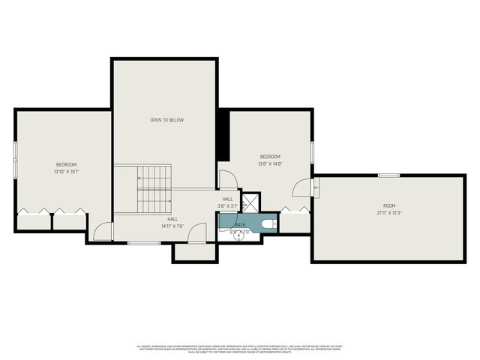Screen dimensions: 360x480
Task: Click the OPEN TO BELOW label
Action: coord(166,120)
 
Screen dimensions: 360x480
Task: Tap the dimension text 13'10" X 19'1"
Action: coord(66,172)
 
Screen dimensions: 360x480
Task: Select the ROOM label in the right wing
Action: coord(388,205)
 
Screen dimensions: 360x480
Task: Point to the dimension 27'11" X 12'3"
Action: coord(388,213)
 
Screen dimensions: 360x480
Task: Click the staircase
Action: coord(154,189)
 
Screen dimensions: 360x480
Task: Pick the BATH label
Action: coord(240,224)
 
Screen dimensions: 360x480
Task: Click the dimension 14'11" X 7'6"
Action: coord(172,226)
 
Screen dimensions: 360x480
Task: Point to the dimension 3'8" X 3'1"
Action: coord(227,206)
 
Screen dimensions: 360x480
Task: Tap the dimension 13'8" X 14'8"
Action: coord(270,163)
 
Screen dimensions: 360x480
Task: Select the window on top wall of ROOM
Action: coord(388,175)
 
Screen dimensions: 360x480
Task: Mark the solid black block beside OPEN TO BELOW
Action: coord(223,135)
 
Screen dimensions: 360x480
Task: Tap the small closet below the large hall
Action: coord(194,253)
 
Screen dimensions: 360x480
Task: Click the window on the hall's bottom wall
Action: coord(139,243)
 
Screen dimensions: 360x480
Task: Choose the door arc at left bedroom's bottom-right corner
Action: coord(103,231)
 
